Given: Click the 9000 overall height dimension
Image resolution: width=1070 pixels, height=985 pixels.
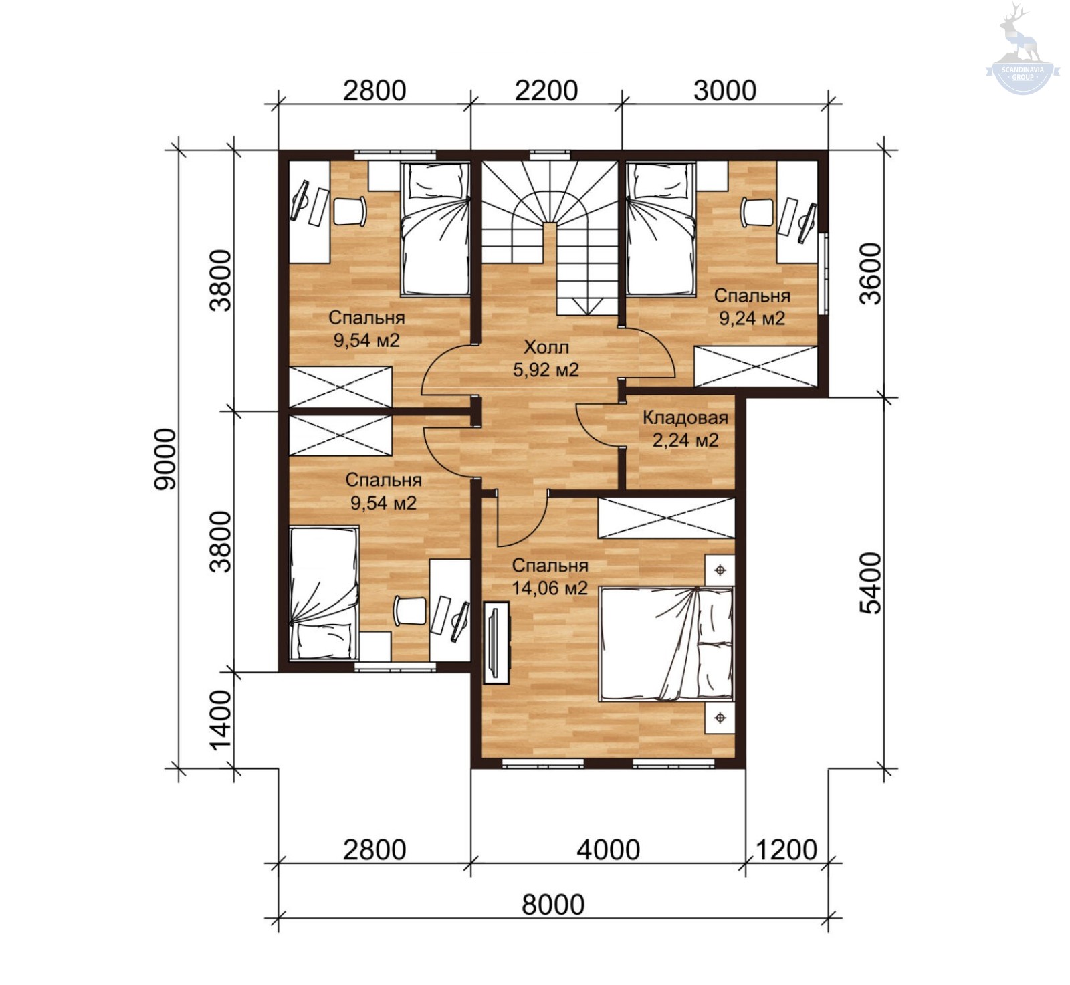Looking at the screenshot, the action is point(165,459).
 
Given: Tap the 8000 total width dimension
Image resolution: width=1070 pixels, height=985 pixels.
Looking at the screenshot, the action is point(553,905).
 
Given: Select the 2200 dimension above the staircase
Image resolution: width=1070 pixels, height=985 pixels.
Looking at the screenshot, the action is point(546,90).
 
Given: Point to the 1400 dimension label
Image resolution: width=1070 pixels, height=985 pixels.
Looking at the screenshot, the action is point(220,720).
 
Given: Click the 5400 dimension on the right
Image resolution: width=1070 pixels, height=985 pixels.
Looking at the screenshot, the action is point(871,582).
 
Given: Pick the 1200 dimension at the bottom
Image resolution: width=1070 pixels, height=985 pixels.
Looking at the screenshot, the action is point(786,850).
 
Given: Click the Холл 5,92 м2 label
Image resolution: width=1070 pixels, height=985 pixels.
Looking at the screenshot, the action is point(546,358).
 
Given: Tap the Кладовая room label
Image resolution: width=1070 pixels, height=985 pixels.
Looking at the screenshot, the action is point(685,418).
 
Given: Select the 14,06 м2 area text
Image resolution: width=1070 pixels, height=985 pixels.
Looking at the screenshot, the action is point(550,588).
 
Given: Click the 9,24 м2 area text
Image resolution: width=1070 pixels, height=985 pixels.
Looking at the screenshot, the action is point(752,318).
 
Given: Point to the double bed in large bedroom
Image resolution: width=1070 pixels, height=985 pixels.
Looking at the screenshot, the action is point(667,644).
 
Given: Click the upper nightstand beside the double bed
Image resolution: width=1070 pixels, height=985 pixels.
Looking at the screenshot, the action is point(720,570).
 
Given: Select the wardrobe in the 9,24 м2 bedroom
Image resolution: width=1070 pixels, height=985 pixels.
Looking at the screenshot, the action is point(756,366).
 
